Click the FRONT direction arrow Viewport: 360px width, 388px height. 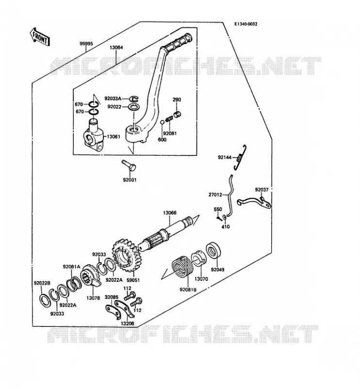click(40, 37)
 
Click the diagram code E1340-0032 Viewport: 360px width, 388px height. click(245, 24)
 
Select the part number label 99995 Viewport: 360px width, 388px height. click(86, 44)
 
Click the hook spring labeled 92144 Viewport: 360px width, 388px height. click(240, 157)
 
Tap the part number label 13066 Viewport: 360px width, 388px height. click(170, 213)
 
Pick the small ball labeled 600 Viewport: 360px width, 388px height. click(162, 122)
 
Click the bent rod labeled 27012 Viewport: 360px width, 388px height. click(230, 195)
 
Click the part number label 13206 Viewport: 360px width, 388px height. click(128, 323)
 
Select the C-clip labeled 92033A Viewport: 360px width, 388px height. click(134, 99)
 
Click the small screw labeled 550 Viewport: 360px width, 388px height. click(219, 219)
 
